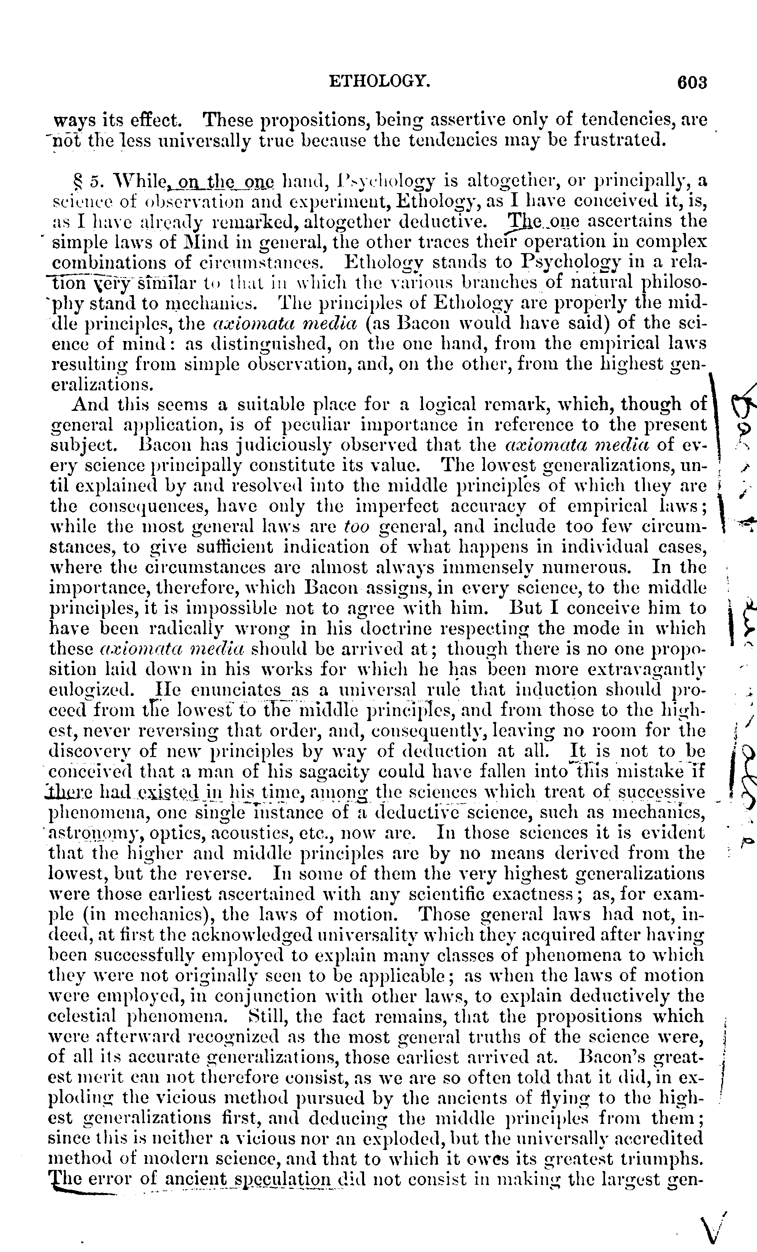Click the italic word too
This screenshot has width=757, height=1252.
click(356, 526)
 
